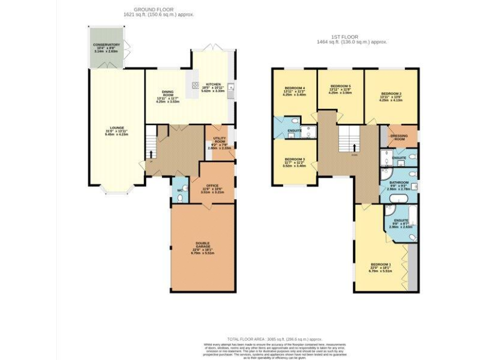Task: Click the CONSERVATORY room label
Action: tap(107, 46)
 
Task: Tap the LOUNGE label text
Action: tap(114, 129)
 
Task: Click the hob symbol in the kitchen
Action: tap(196, 86)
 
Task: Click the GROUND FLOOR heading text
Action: tap(148, 9)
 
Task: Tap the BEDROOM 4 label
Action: tap(295, 87)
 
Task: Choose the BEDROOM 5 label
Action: tap(340, 86)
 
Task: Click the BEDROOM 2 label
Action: tap(391, 94)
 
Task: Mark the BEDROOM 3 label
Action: tap(294, 159)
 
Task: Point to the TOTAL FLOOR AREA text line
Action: tap(240, 337)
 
